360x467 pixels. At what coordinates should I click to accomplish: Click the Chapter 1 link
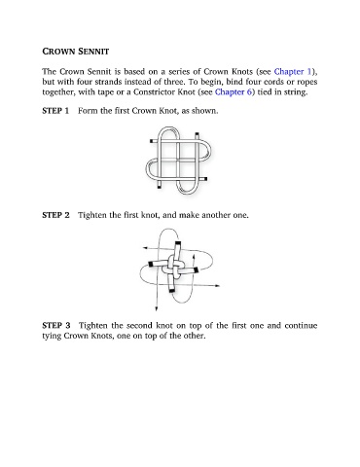pyautogui.click(x=293, y=71)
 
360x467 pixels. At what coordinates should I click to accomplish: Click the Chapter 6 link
pyautogui.click(x=234, y=92)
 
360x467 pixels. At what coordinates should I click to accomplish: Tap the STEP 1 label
pyautogui.click(x=55, y=111)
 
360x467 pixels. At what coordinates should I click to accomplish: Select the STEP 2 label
pyautogui.click(x=55, y=215)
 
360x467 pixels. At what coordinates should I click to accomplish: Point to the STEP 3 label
pyautogui.click(x=56, y=325)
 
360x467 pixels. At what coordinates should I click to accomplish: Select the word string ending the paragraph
pyautogui.click(x=296, y=92)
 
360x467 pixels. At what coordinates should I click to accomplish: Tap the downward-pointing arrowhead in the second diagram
pyautogui.click(x=157, y=309)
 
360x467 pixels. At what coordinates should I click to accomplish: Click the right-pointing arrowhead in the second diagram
pyautogui.click(x=217, y=286)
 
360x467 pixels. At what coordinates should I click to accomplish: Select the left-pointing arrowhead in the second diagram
pyautogui.click(x=145, y=248)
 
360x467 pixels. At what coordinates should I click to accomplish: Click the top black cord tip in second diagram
pyautogui.click(x=178, y=243)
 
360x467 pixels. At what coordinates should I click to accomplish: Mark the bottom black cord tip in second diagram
pyautogui.click(x=171, y=290)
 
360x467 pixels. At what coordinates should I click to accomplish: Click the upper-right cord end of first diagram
pyautogui.click(x=197, y=134)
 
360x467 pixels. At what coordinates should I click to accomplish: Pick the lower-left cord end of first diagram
pyautogui.click(x=160, y=187)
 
